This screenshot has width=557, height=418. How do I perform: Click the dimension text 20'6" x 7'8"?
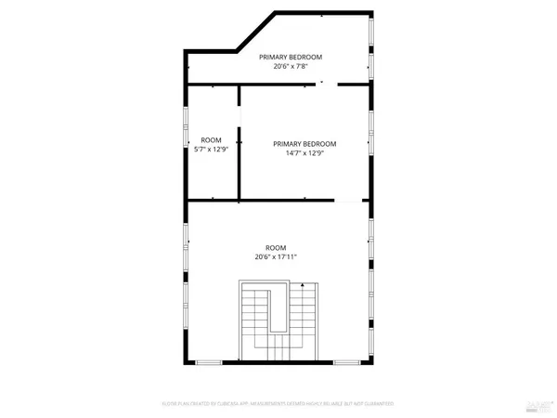tap(291, 66)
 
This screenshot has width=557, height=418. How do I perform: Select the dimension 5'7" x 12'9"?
tap(211, 150)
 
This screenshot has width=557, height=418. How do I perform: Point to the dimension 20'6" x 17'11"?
tap(276, 257)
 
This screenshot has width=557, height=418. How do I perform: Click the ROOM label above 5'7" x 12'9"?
tap(211, 140)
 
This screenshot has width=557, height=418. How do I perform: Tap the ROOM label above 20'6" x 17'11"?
tap(276, 247)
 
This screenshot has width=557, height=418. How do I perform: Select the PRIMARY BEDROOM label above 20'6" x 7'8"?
tap(291, 56)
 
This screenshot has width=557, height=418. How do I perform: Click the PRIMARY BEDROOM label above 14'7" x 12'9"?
tap(304, 143)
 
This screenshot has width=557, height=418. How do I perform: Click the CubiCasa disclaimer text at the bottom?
tap(278, 404)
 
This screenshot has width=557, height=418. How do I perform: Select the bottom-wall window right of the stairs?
tap(344, 361)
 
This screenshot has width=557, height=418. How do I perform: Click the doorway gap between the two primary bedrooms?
tap(328, 84)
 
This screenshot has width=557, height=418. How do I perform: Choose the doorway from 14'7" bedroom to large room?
tap(347, 201)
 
